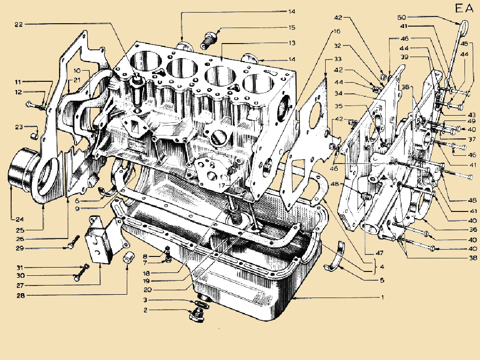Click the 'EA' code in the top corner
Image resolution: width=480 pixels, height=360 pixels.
tap(464, 8)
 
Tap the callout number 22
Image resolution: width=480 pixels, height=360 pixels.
tap(19, 24)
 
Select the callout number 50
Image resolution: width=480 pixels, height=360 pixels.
tap(402, 17)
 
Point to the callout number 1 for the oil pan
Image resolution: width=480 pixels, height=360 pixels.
tap(382, 297)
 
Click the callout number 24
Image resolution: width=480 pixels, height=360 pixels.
tap(19, 219)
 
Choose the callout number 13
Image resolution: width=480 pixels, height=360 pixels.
tap(292, 43)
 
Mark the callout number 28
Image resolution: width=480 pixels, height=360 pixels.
tap(20, 296)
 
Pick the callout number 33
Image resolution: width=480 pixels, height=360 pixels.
tap(338, 59)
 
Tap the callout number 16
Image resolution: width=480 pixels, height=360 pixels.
tap(337, 31)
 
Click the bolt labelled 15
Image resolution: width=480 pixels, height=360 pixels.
tap(209, 40)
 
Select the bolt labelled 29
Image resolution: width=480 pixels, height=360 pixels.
tap(73, 242)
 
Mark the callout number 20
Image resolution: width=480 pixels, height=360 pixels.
tap(148, 289)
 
